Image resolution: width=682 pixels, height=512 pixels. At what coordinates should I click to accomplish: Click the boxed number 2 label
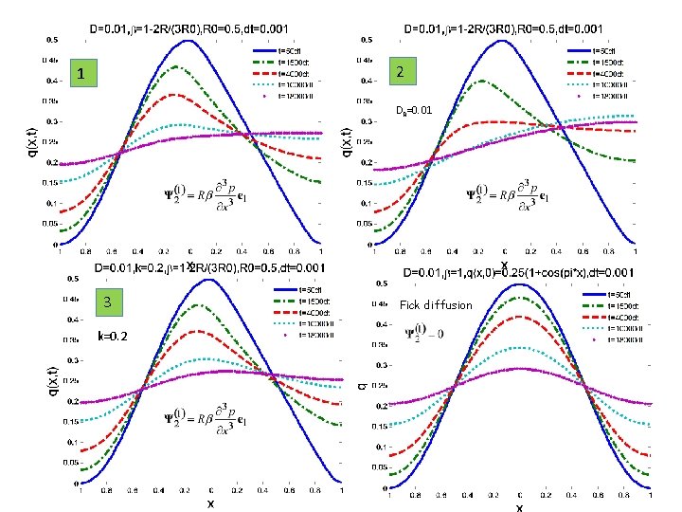401,72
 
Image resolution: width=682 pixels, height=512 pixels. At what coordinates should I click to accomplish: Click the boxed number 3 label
107,302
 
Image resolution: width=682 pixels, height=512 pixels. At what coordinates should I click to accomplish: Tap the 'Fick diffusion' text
435,305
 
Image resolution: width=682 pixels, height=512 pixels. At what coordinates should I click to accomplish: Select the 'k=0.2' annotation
112,336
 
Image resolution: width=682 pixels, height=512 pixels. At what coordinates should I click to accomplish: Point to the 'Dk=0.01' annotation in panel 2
414,110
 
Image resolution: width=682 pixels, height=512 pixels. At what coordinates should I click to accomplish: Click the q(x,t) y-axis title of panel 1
28,142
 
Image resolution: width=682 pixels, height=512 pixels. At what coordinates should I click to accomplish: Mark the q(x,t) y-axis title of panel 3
51,384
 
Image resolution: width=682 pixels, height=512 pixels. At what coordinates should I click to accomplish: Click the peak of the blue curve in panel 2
504,42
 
